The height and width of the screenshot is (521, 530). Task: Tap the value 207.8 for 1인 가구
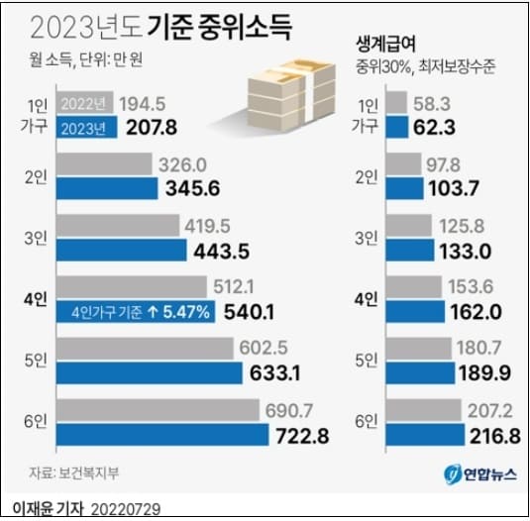point(147,129)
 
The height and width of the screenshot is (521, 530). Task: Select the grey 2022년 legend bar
point(87,104)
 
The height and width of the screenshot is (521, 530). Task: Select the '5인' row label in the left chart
point(33,362)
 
